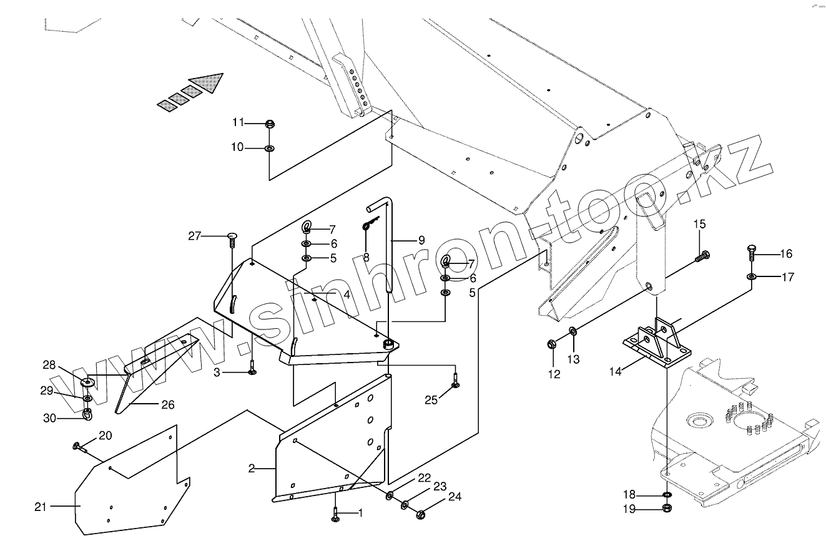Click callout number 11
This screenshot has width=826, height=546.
coord(238,122)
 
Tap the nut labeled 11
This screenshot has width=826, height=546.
coord(270,124)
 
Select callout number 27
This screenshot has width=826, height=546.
coord(195,236)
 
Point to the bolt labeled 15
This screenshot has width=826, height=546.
coord(702,256)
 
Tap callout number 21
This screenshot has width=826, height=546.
coord(41,507)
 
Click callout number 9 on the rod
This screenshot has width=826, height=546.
coord(421,240)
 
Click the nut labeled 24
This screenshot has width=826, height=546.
coord(420,514)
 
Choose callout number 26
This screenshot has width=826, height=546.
coord(168,404)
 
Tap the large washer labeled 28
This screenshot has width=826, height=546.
coord(87,381)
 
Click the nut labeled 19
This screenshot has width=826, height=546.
coord(667,509)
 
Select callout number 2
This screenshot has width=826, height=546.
coord(251,468)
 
